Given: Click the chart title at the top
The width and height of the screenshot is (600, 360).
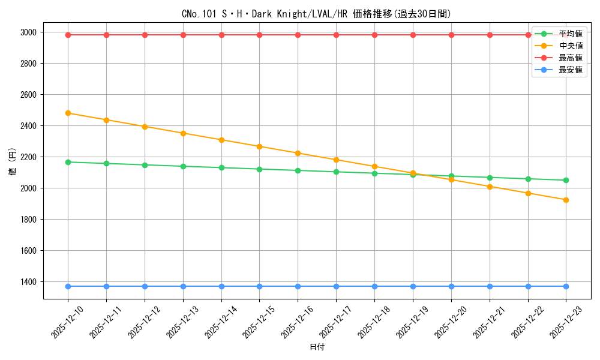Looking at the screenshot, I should [x=316, y=13].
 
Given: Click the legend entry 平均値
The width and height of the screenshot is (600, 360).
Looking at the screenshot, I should [x=571, y=34].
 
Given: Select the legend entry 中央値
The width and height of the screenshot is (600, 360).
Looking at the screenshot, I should [x=571, y=46].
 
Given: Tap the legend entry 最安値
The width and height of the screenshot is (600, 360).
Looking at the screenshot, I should [x=571, y=70].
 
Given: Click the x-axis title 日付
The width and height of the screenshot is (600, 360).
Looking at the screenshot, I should [x=317, y=347].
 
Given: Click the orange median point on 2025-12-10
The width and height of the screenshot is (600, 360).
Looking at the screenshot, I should [x=68, y=113].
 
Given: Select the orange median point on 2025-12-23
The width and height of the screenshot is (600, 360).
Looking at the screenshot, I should [x=566, y=200].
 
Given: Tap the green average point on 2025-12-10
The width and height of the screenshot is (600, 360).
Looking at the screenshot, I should [x=68, y=162].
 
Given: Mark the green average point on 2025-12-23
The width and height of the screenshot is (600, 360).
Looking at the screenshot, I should [x=566, y=180].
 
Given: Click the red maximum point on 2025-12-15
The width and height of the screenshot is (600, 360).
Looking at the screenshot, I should [x=259, y=35].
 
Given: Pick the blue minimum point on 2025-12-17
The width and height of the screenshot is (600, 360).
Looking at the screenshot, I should [x=336, y=286].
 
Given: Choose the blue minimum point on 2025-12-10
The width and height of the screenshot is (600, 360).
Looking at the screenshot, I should [x=68, y=286].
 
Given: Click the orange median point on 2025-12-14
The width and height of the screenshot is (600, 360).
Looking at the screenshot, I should [x=221, y=140].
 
